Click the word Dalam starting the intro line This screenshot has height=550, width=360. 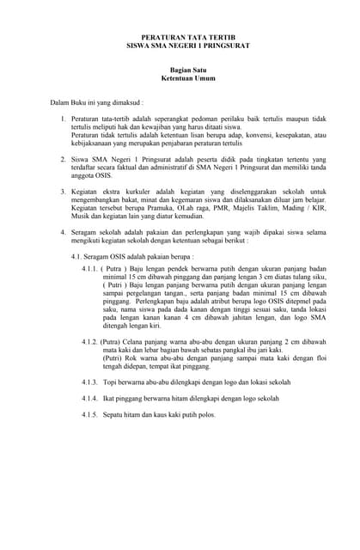(60, 102)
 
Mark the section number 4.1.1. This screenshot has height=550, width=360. (90, 269)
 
